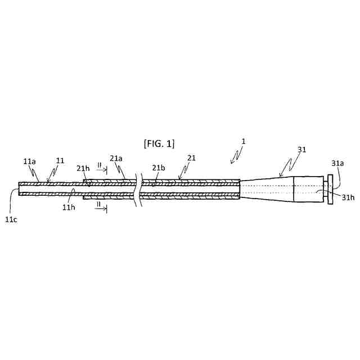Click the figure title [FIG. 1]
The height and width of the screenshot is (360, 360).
[x=159, y=143]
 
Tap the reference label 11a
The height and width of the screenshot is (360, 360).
[x=30, y=161]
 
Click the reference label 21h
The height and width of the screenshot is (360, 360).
[x=83, y=168]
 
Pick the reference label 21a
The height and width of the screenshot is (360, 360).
[x=116, y=159]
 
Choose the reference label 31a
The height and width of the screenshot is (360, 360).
[x=337, y=163]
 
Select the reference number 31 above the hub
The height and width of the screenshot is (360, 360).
[x=302, y=149]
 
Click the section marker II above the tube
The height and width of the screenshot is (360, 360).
[x=99, y=165]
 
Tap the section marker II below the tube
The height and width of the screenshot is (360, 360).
[x=99, y=205]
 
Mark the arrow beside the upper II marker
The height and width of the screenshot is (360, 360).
[x=102, y=170]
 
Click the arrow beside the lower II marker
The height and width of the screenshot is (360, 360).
[x=102, y=210]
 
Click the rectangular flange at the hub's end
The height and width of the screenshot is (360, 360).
[x=328, y=188]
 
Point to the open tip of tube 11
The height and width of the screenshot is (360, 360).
[x=20, y=188]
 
